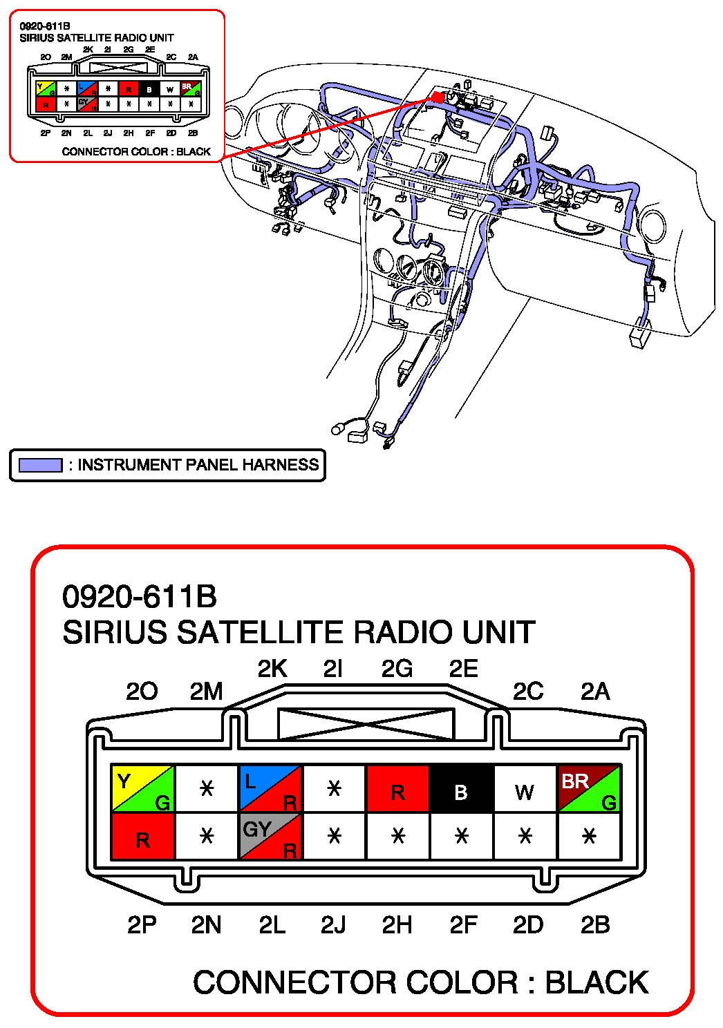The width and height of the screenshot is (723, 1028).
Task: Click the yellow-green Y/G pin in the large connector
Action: point(142,788)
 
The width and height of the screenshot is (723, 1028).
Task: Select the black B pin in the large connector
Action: point(461,788)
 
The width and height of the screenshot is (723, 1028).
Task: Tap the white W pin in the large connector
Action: point(525,788)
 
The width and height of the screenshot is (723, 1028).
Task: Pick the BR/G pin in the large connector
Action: point(589,788)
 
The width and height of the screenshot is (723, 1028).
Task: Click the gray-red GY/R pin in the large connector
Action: point(270,837)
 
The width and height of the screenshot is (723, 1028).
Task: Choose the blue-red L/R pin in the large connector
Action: point(270,788)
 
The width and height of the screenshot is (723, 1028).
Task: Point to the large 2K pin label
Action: point(272,669)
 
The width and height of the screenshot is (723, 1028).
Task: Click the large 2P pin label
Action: point(142,924)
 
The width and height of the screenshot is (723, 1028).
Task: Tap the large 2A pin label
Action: point(594,691)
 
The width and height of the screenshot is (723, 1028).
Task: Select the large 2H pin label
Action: point(397,924)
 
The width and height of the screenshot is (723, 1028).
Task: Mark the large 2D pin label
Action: point(528,924)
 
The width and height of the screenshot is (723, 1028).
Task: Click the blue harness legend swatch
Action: point(40,465)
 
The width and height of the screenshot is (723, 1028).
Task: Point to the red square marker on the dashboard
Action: point(438,97)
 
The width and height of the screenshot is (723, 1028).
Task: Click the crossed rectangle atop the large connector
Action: point(366,723)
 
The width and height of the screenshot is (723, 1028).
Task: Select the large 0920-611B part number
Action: point(140,597)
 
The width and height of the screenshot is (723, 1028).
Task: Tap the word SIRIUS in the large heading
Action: point(115,633)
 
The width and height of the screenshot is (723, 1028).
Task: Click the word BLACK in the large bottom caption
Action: point(597,982)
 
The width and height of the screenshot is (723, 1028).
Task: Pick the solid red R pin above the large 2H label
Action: point(397,788)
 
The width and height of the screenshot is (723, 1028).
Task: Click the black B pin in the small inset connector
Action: point(149,89)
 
